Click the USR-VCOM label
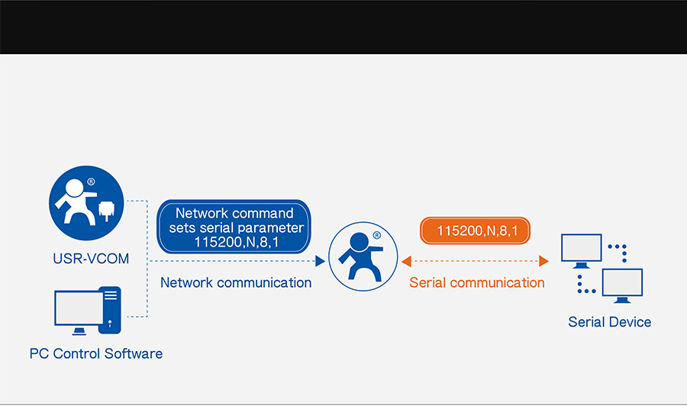pos(85,259)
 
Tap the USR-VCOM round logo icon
pos(85,203)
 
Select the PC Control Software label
pos(96,353)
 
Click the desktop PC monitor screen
pos(77,308)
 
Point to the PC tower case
pos(111,311)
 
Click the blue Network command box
pos(234,227)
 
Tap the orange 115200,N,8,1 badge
pos(476,230)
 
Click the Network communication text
pos(236,282)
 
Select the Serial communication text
pos(477,282)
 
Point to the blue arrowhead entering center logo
pos(321,261)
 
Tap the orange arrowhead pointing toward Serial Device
pos(543,261)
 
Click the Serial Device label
pos(609,321)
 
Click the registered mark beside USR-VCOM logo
pos(91,182)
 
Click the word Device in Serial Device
pos(630,321)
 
